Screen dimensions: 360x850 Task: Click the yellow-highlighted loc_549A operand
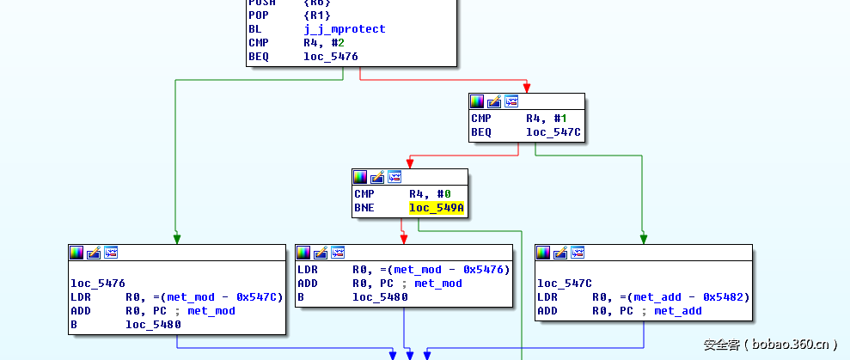click(437, 208)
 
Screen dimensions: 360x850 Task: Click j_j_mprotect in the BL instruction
click(344, 29)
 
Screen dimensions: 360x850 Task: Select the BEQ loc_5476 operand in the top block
click(330, 57)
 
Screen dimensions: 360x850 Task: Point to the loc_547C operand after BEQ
click(553, 132)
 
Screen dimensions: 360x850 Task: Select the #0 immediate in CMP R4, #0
click(443, 194)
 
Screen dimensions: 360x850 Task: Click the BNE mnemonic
click(364, 208)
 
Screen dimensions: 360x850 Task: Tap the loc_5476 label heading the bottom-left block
click(97, 284)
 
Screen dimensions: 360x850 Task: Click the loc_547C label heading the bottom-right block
click(565, 284)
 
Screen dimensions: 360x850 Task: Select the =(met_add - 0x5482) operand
click(670, 297)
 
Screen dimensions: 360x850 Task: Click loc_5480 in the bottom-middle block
click(380, 297)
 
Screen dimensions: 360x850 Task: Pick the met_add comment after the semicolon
click(677, 311)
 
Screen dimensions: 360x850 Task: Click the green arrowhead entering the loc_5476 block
click(175, 240)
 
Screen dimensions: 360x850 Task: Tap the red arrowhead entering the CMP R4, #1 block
click(526, 88)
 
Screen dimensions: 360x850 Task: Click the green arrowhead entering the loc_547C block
click(643, 240)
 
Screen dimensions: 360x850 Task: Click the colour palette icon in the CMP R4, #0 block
click(361, 177)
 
